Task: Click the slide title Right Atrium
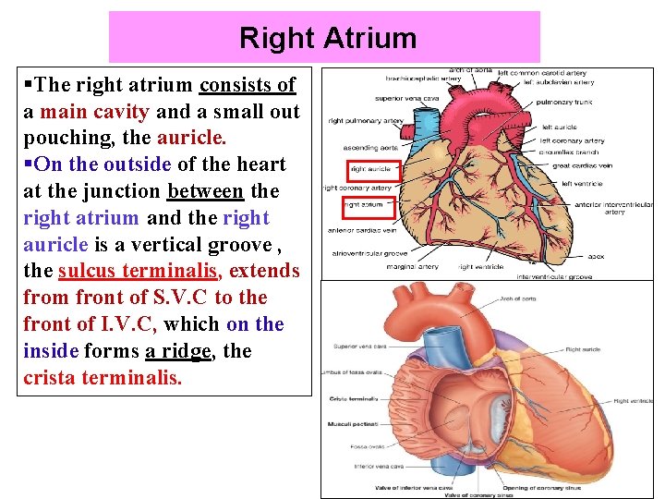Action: (x=327, y=39)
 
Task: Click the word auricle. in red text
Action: (x=191, y=138)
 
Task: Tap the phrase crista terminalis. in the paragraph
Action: (x=103, y=378)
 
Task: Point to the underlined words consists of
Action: (x=248, y=85)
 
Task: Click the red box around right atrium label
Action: (x=368, y=204)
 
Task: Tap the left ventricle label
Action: (x=581, y=184)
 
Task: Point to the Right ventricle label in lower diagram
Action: (x=634, y=401)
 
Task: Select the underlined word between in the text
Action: (x=205, y=191)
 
